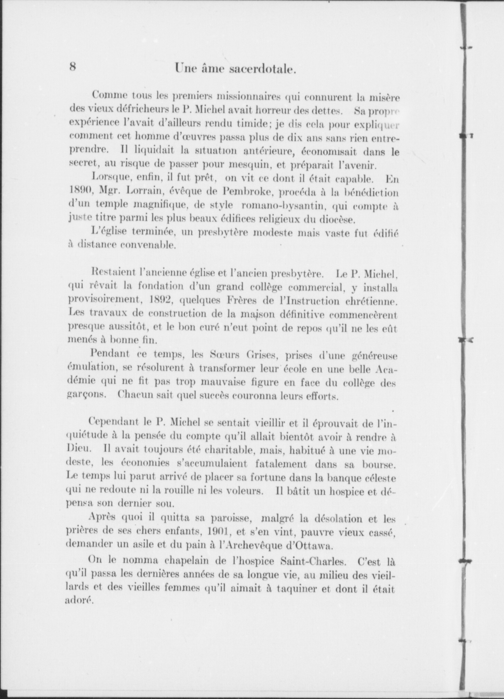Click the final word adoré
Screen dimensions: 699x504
point(79,601)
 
